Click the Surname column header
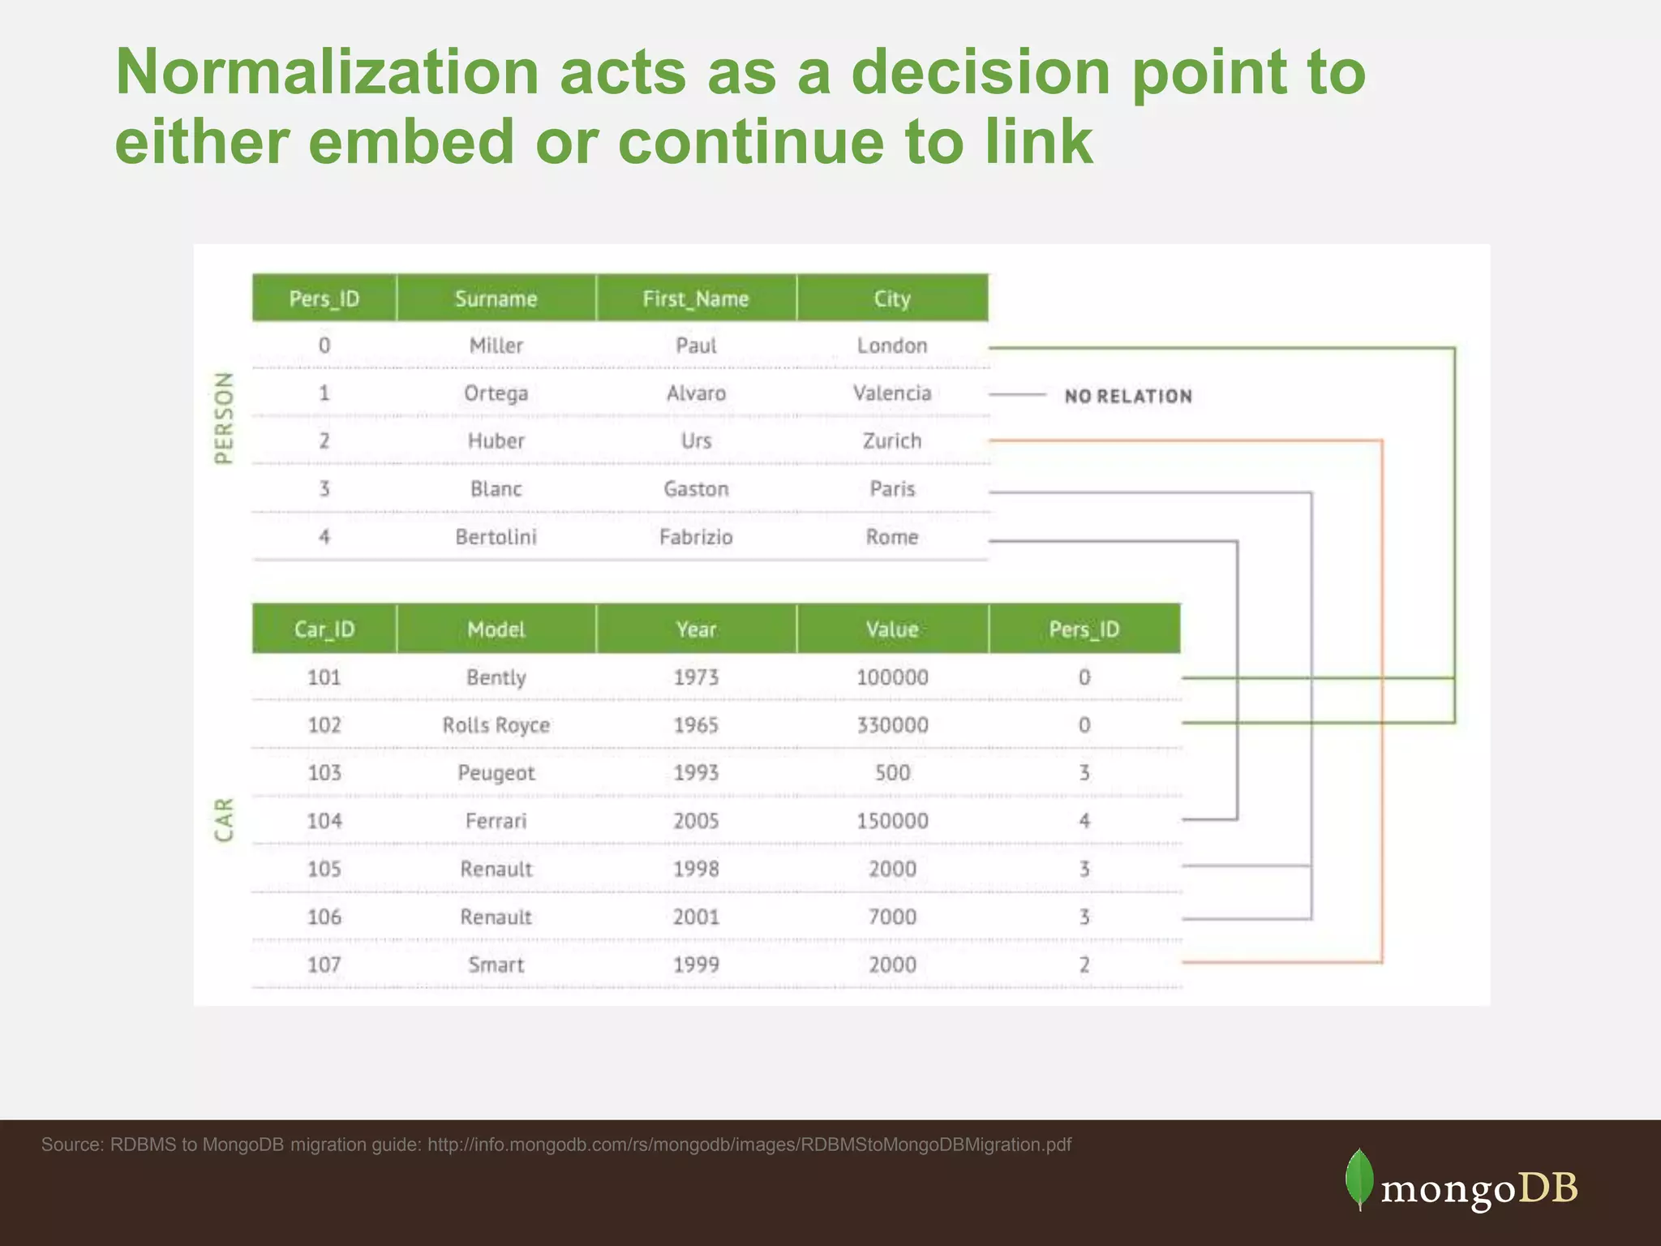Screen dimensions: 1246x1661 coord(496,299)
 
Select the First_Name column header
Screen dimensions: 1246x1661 coord(696,299)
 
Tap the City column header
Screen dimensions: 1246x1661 coord(892,299)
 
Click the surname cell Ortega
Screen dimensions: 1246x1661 coord(496,393)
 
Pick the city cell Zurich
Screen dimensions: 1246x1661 coord(892,441)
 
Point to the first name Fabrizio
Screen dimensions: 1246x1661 coord(696,537)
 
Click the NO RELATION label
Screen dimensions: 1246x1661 coord(1128,397)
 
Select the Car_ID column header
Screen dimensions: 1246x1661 coord(324,629)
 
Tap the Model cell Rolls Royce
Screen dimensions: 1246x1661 coord(496,725)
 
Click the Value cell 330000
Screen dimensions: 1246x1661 coord(892,725)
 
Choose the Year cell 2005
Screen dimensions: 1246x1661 coord(696,821)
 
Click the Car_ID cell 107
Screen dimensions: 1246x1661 coord(324,965)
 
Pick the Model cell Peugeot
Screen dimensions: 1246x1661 coord(496,773)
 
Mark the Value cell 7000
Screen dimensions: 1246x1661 coord(892,917)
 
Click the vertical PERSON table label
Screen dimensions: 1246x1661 coord(224,419)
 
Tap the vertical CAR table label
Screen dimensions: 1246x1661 coord(224,819)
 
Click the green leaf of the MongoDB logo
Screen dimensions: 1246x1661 coord(1359,1179)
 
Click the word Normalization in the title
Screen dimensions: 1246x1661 coord(327,73)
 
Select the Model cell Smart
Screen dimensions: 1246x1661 coord(496,965)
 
